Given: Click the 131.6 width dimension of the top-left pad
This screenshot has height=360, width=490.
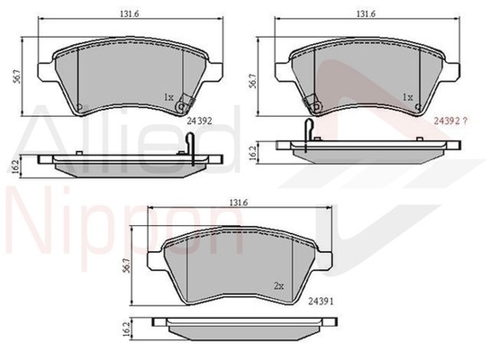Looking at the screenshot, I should point(132,14).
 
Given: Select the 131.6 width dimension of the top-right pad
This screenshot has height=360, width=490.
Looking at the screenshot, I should point(363,14).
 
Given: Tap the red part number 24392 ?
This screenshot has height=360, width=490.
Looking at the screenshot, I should point(452,118).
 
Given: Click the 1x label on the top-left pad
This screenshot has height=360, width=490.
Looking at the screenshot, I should point(168,95).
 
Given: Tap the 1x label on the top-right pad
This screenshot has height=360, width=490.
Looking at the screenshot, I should point(407,95).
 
